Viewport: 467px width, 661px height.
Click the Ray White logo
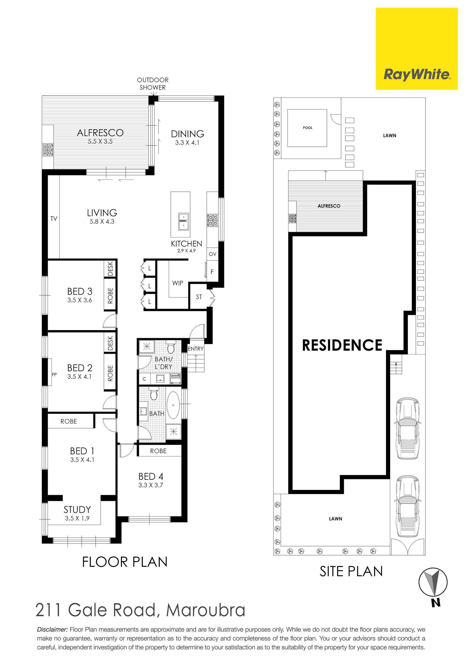coord(417,49)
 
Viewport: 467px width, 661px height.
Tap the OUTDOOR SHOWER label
coord(153,84)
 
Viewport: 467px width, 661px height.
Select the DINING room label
coord(188,134)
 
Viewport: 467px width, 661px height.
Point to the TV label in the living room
coord(54,219)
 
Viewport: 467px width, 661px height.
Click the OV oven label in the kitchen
coord(213,254)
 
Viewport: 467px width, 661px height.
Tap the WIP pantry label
coord(178,283)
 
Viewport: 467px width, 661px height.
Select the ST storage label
coord(199,297)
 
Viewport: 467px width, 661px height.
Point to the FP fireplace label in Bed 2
coord(54,375)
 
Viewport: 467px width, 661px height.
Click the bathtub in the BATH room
coord(173,405)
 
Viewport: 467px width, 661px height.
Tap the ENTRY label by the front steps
coord(196,349)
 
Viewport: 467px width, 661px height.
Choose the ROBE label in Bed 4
coord(158,451)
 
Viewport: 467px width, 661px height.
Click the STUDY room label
coord(77,510)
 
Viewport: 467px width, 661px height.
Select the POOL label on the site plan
coord(307,127)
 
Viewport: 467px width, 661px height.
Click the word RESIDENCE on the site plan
coord(342,345)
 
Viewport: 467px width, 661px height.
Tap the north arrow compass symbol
coord(433,582)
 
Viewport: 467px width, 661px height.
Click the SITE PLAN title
coord(351,571)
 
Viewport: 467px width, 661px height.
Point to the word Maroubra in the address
coord(206,610)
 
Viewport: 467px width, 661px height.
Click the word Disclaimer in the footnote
coord(52,630)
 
